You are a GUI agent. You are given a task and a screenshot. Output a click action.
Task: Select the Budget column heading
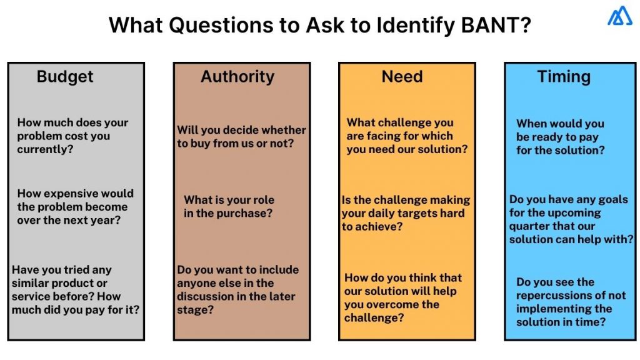tap(65, 77)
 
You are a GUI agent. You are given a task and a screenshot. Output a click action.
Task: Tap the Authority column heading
tap(237, 77)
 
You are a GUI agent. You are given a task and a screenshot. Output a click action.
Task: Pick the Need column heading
tap(402, 77)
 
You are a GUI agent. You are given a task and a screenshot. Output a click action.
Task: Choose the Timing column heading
tap(564, 77)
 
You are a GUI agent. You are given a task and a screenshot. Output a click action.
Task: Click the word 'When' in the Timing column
tap(531, 124)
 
